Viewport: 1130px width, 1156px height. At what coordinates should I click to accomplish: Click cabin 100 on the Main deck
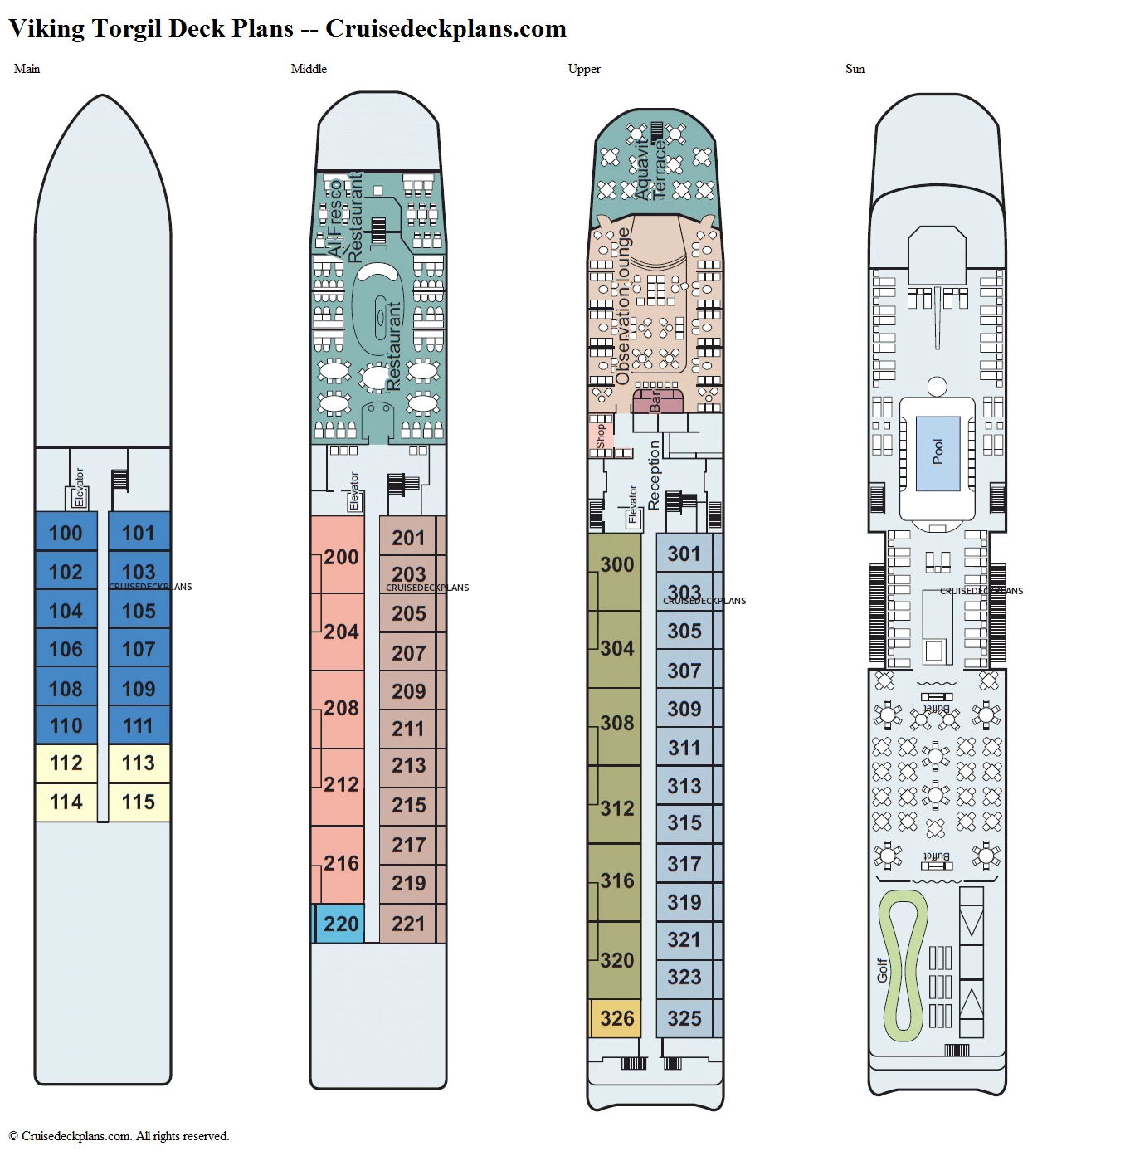click(66, 533)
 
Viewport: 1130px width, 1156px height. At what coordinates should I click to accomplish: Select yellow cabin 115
click(139, 802)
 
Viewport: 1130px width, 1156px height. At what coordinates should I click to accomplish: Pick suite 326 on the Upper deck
click(616, 1018)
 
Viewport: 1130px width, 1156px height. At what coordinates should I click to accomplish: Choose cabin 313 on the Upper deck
click(684, 786)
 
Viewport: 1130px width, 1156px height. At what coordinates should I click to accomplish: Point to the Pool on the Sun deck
click(938, 451)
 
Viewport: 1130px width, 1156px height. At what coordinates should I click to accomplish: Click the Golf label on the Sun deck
click(882, 970)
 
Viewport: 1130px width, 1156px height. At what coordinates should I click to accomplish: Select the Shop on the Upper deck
click(601, 436)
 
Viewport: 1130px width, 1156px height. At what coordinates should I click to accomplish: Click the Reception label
click(654, 475)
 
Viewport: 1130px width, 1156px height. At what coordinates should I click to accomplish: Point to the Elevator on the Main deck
click(79, 489)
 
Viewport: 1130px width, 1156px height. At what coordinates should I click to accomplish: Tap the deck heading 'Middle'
click(309, 69)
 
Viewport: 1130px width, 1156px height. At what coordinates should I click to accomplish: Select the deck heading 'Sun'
click(855, 69)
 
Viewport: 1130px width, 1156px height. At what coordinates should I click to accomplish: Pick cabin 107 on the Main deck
click(139, 649)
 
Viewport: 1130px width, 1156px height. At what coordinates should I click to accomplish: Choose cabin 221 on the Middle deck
click(408, 924)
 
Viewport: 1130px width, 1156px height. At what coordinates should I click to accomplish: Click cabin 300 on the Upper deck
click(616, 564)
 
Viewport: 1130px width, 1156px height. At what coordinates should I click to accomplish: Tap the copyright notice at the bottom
click(119, 1136)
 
